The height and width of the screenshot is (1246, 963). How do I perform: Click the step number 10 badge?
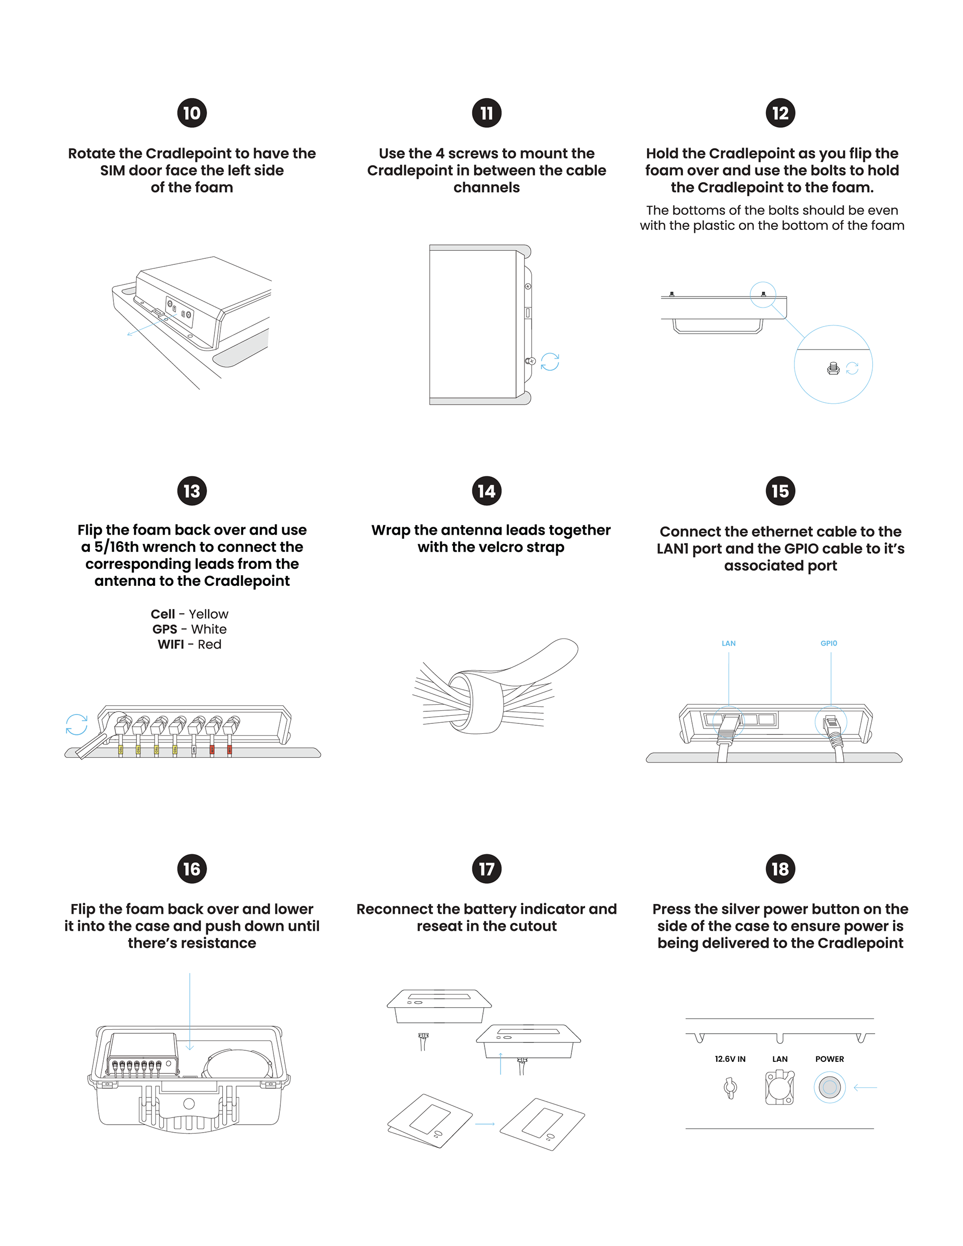click(192, 113)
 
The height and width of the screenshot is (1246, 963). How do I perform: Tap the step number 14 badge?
click(486, 491)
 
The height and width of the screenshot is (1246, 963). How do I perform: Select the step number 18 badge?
click(780, 868)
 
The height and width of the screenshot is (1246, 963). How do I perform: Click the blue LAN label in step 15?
click(729, 644)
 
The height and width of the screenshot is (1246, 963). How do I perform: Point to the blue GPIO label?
click(829, 644)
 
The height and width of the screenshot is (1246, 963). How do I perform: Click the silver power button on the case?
click(829, 1087)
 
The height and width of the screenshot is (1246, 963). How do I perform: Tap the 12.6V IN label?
click(730, 1059)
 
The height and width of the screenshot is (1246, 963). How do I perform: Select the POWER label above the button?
click(829, 1059)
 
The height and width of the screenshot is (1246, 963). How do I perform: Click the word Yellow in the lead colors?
click(208, 614)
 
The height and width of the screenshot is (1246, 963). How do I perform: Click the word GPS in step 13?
click(165, 630)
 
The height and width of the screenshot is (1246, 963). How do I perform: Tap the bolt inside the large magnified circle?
click(833, 369)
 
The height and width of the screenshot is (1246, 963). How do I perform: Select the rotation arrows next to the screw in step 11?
click(550, 362)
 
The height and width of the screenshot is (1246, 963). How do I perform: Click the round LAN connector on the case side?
click(779, 1087)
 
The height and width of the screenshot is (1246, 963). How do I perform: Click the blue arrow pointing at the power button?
click(865, 1088)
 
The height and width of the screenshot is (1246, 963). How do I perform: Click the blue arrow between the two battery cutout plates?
click(485, 1124)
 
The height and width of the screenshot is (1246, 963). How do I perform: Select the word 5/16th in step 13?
click(116, 547)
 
